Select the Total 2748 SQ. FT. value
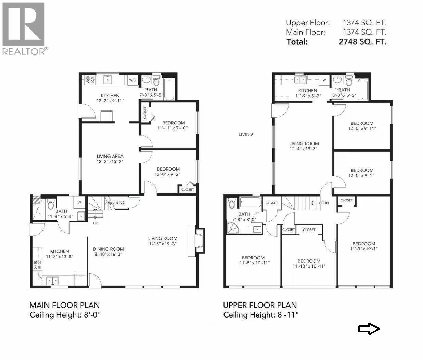[x=362, y=42]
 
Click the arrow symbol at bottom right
[x=369, y=329]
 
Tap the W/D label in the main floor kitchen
[x=132, y=80]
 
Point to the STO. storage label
[x=120, y=203]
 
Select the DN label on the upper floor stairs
[x=325, y=203]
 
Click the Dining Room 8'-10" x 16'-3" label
[x=108, y=251]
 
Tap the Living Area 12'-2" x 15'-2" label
[x=110, y=159]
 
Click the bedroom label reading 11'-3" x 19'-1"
[x=364, y=246]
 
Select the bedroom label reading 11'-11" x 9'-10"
[x=173, y=125]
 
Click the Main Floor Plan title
[x=64, y=305]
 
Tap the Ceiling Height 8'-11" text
[x=261, y=315]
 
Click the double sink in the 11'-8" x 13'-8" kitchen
[x=52, y=280]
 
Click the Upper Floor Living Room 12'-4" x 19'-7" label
[x=304, y=146]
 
